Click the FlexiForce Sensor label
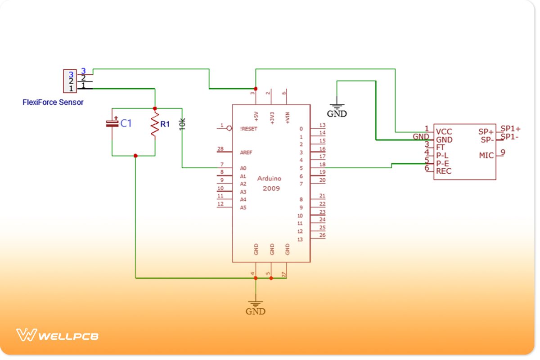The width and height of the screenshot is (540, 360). pos(53,102)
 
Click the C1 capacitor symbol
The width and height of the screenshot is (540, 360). pos(112,123)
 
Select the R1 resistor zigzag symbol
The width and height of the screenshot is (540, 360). pos(155,125)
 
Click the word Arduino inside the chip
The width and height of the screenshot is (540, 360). pos(269,179)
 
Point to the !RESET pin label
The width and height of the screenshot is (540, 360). pos(248,128)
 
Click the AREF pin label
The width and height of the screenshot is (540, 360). pos(246,153)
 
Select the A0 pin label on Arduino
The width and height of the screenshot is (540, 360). pos(243,168)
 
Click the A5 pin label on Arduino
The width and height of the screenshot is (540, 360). pos(243,207)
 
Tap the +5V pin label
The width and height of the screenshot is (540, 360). pos(256,117)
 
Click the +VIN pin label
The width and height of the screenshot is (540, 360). pos(287,117)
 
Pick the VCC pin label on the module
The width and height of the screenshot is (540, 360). pos(444,132)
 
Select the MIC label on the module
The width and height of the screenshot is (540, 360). pos(486,155)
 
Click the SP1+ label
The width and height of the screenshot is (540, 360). pos(510,129)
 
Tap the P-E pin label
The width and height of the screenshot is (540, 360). pos(442,163)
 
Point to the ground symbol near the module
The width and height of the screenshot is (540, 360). pos(337,107)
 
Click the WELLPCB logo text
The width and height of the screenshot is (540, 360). pos(67,336)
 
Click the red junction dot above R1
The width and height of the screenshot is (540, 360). pos(155,108)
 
